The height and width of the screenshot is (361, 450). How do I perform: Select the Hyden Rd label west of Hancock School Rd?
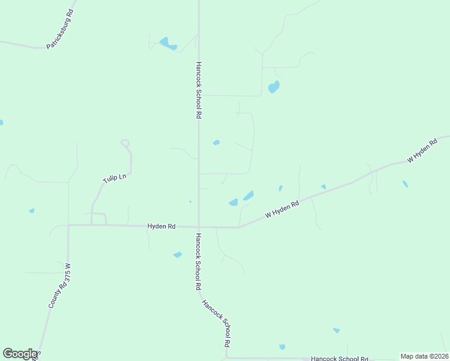(x=161, y=226)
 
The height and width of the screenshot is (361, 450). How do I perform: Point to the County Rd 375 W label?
(x=60, y=286)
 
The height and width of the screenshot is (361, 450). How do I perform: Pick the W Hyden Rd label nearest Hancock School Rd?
(x=282, y=210)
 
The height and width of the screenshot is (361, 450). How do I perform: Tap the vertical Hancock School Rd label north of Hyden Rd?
(x=198, y=90)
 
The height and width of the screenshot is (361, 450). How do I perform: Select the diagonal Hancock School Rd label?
(x=217, y=324)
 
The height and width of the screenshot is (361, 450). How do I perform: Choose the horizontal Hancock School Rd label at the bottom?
(x=339, y=359)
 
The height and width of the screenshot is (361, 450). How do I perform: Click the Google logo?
(x=20, y=354)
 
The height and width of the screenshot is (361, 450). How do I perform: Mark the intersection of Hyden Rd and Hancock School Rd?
(x=199, y=227)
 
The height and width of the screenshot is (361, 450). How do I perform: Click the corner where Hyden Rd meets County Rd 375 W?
(x=69, y=225)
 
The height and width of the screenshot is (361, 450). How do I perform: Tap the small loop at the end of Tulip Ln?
(x=125, y=143)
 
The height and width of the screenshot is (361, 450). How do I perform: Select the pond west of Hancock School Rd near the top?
(x=167, y=43)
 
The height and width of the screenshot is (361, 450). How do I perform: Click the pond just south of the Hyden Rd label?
(x=177, y=255)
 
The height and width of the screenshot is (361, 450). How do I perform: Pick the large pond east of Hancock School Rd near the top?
(x=274, y=87)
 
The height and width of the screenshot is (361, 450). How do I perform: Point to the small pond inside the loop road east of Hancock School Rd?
(x=216, y=143)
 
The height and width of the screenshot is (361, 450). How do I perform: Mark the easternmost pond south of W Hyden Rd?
(x=405, y=184)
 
